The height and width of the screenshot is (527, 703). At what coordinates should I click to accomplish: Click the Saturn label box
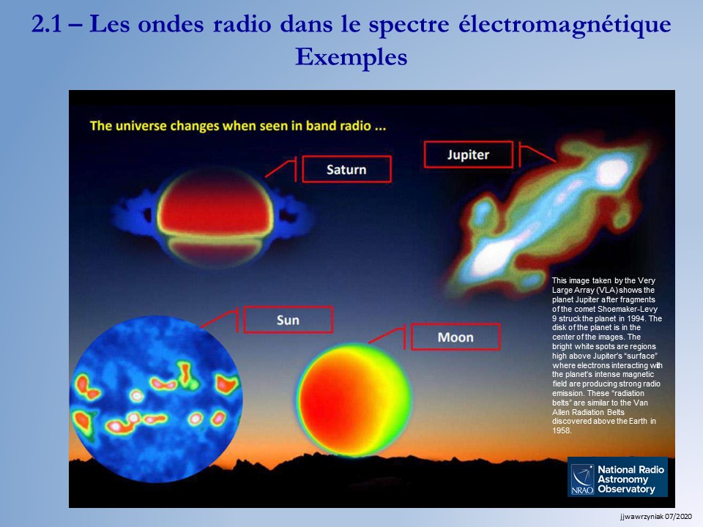click(346, 169)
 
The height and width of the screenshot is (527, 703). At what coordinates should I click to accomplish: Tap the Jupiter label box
click(468, 154)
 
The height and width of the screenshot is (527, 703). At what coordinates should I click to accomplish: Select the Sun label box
click(288, 320)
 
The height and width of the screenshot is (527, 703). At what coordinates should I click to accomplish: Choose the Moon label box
click(455, 337)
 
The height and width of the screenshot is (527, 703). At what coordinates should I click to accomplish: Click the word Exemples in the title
click(351, 57)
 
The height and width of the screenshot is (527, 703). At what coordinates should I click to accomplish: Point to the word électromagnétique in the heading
click(565, 24)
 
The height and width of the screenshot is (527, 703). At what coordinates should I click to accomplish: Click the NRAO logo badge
click(617, 476)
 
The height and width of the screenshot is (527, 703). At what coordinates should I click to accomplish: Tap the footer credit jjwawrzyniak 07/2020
click(656, 517)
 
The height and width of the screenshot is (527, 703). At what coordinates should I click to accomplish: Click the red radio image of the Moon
click(353, 400)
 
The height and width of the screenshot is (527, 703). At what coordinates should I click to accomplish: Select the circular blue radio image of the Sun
click(156, 399)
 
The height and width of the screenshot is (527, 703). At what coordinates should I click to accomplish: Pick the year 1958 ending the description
click(562, 430)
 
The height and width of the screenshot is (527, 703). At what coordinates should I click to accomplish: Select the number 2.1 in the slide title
click(46, 24)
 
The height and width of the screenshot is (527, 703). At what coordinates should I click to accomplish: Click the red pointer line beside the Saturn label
click(280, 168)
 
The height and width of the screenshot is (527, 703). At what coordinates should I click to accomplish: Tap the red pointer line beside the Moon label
click(387, 335)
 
